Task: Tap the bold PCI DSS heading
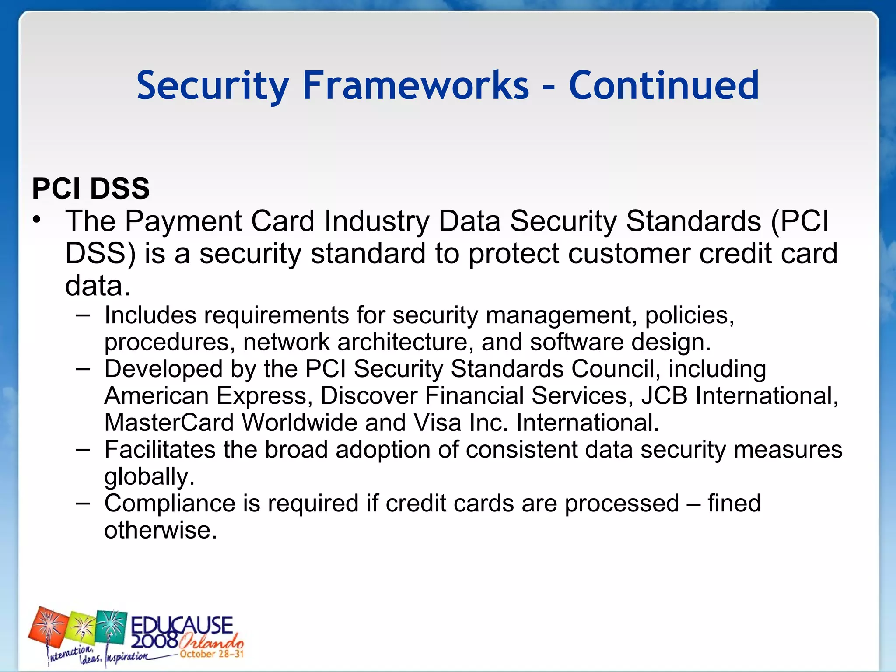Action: [x=91, y=189]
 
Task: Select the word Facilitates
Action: [x=160, y=450]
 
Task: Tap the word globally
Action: [x=149, y=477]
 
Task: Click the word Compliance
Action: [x=170, y=504]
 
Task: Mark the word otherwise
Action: [x=160, y=531]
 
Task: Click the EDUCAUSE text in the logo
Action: [x=182, y=625]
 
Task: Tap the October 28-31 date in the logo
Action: [x=212, y=654]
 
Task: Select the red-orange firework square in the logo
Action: [x=49, y=630]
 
